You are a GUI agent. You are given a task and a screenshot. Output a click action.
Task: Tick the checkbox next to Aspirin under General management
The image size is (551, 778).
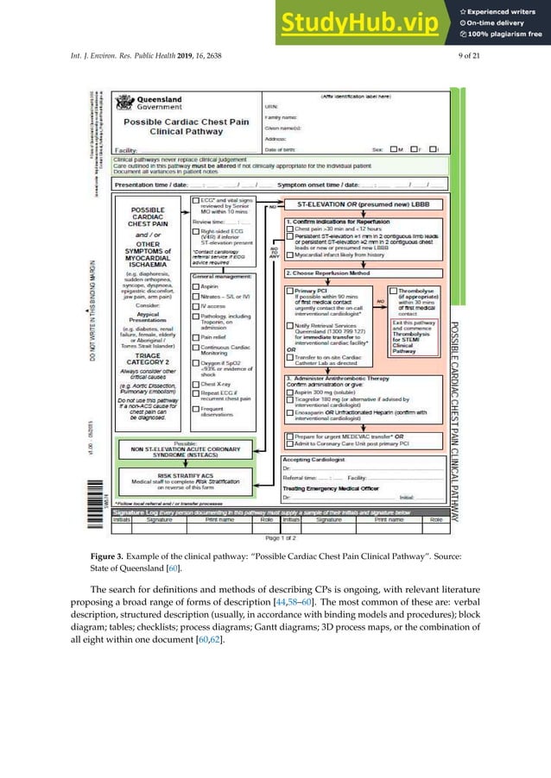[196, 285]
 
